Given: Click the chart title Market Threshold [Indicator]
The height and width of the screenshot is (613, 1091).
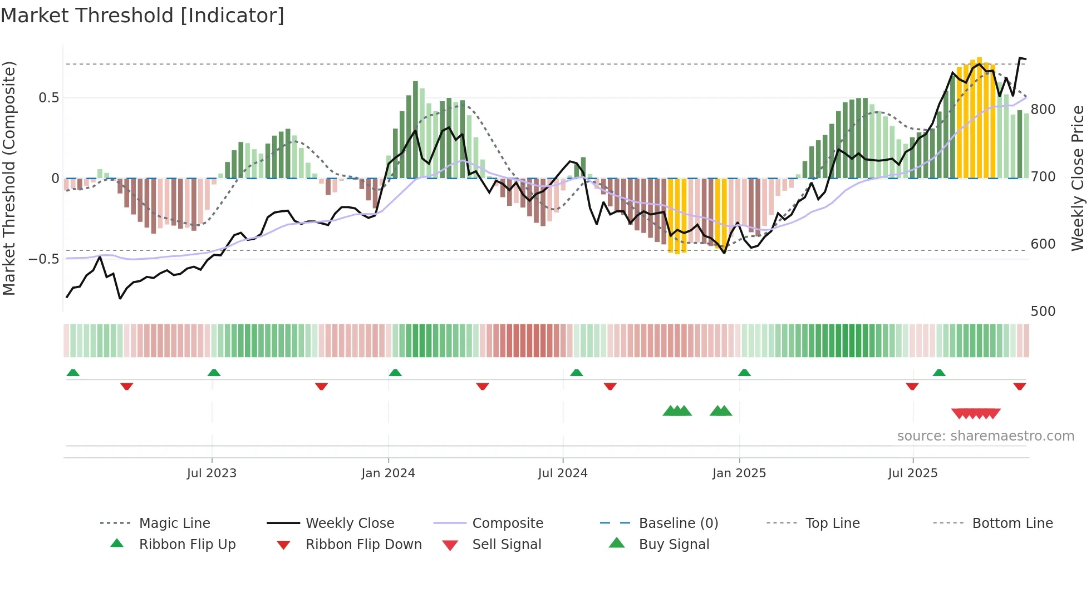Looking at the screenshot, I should (142, 16).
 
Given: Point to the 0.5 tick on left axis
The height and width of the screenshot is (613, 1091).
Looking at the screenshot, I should (48, 98).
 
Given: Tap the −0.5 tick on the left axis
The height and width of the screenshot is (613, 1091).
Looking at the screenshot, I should (44, 259).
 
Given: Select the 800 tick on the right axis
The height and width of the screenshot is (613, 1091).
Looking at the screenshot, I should (1043, 110).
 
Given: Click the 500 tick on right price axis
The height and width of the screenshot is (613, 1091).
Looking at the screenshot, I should (1043, 312).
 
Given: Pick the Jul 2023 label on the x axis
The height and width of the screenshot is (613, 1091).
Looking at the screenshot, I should (212, 473).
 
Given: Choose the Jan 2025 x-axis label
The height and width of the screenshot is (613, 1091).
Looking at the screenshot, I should (739, 473).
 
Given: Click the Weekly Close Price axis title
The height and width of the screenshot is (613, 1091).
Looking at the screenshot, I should (1078, 178).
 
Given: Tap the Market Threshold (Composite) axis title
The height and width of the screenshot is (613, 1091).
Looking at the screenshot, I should (9, 178).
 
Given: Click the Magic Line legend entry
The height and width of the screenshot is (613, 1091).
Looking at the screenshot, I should (174, 523).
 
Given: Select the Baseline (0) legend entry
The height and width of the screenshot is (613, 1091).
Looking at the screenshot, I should (678, 523).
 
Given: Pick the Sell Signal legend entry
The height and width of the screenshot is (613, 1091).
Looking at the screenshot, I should (506, 545).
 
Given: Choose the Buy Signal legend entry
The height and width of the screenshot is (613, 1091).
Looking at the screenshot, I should (674, 545).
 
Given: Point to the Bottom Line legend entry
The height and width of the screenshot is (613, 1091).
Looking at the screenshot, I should (1012, 523).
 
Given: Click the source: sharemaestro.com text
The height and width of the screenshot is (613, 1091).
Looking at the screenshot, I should (985, 436).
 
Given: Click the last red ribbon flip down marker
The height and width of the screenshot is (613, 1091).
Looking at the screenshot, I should (1019, 387).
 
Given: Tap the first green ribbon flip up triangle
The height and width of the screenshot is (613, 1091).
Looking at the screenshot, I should (73, 373).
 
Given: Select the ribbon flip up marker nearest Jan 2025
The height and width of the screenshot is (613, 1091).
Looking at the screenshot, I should (744, 373).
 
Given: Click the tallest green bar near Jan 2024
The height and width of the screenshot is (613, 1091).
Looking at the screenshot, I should (415, 129).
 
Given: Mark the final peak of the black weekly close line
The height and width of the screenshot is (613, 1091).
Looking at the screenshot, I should (1020, 58).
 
